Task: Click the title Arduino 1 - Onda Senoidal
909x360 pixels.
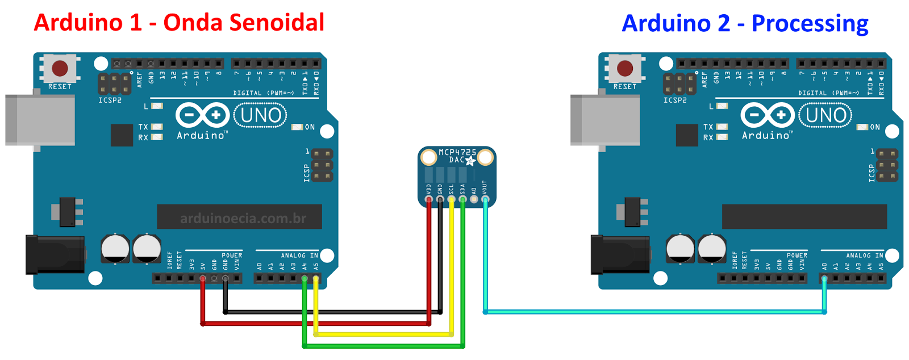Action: (x=179, y=23)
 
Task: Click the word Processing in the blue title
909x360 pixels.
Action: (x=810, y=24)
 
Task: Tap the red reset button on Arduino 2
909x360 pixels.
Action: (x=625, y=69)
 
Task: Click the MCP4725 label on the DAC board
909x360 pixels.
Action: (x=457, y=152)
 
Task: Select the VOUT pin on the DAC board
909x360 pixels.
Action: (x=485, y=199)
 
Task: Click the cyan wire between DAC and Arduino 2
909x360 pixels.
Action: (x=653, y=312)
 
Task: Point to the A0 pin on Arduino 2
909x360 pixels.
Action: (x=824, y=278)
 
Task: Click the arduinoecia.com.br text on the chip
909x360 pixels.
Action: (x=243, y=219)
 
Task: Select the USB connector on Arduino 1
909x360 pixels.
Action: (x=40, y=120)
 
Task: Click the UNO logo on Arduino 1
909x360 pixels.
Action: (x=260, y=115)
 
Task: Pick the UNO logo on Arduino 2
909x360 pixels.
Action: (x=825, y=115)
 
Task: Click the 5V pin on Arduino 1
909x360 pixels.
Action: (x=203, y=278)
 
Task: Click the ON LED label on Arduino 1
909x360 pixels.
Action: (x=310, y=127)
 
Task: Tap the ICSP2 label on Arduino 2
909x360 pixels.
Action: (x=675, y=100)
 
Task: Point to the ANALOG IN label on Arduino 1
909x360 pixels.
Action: (x=299, y=256)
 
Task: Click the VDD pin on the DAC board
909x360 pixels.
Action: (x=429, y=199)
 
